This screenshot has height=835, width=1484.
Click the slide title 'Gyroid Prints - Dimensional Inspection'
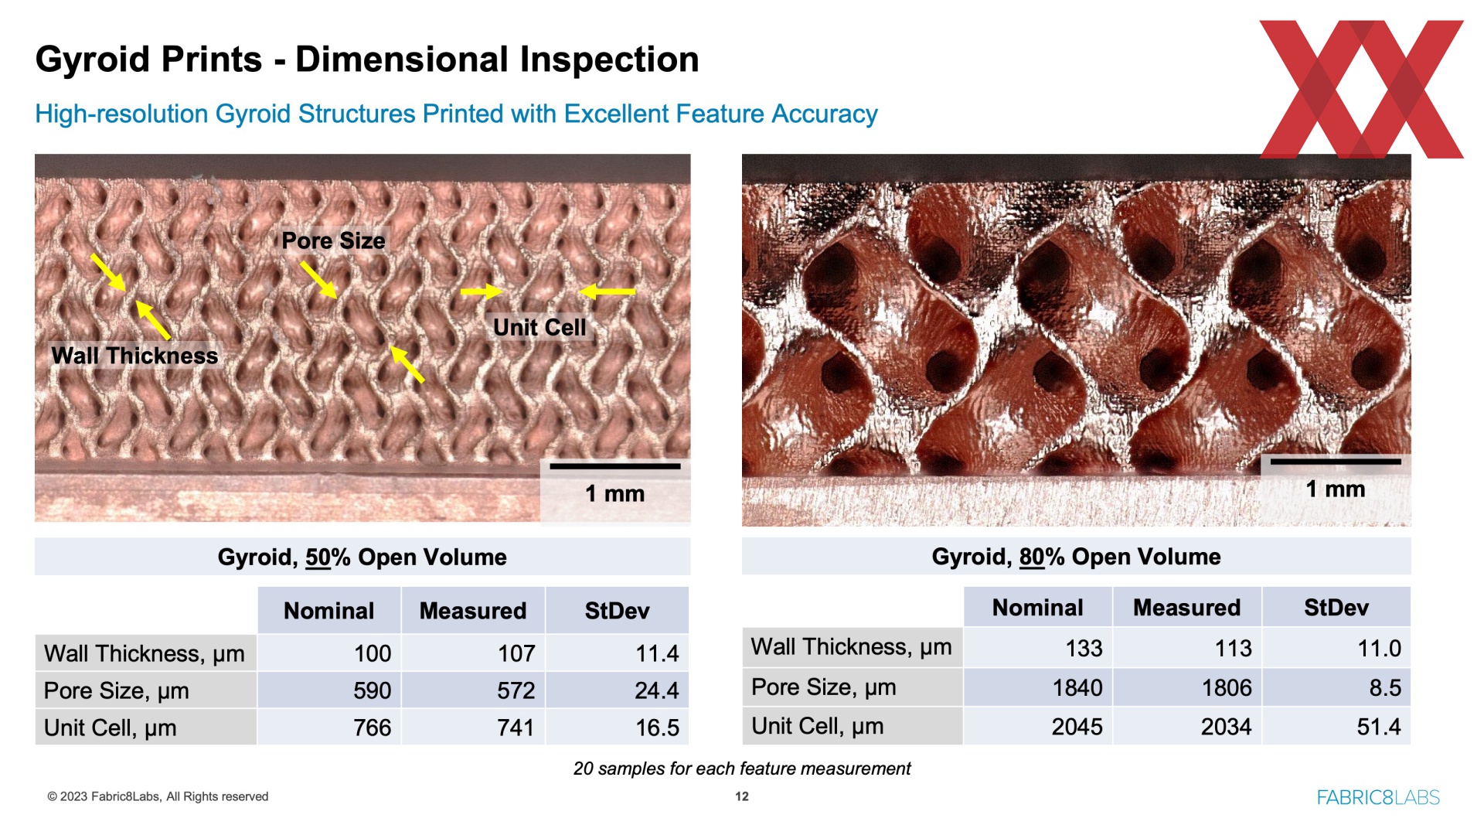tap(367, 60)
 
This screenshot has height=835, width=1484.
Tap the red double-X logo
tap(1361, 89)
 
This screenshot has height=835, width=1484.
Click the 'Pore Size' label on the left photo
tap(333, 240)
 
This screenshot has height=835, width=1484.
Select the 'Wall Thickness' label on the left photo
tap(134, 356)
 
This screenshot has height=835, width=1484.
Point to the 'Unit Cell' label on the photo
tap(539, 327)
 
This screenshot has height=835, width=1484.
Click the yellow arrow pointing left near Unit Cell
tap(607, 291)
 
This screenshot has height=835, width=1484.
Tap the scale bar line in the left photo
tap(615, 466)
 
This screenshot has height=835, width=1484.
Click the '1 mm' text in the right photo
tap(1336, 489)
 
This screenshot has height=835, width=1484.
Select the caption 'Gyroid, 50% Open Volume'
tap(362, 557)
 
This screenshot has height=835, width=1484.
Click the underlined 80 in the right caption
tap(1032, 557)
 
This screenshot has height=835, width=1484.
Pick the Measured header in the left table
tap(472, 611)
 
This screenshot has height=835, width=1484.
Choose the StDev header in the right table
tap(1336, 608)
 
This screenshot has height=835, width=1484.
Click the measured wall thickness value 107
tap(516, 653)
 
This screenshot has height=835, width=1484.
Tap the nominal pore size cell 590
tap(373, 690)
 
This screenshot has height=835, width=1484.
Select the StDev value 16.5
tap(657, 728)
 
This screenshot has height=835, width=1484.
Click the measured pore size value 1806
tap(1227, 687)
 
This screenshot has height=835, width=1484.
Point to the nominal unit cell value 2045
tap(1077, 727)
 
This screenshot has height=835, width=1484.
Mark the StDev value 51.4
tap(1379, 727)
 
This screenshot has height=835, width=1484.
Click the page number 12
tap(742, 796)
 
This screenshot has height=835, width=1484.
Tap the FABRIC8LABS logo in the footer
tap(1378, 797)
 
